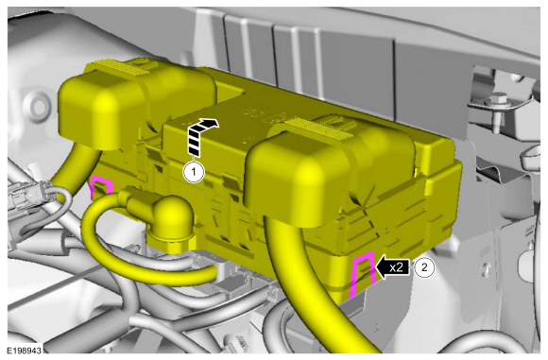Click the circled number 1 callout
coord(193,172)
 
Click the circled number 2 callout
coord(426,267)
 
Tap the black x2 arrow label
coord(391,267)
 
